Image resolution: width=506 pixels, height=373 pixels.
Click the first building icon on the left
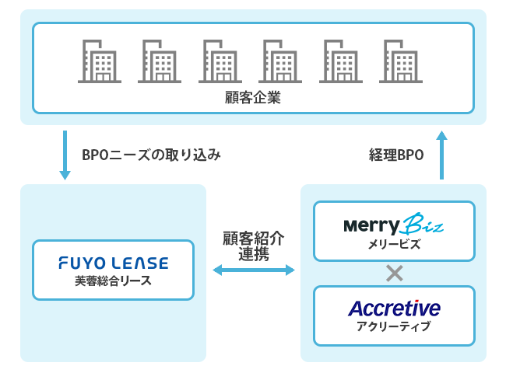(x=100, y=61)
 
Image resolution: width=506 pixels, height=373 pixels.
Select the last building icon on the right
(x=401, y=61)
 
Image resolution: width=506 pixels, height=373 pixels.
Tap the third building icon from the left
(x=220, y=61)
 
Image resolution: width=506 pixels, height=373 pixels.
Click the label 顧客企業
(x=253, y=98)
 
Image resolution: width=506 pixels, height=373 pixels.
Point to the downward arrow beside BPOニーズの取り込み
(x=65, y=155)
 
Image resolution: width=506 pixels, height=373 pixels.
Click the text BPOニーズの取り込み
(x=151, y=155)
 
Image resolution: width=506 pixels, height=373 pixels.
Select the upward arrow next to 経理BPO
(x=442, y=155)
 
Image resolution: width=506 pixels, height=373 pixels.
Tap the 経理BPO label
(x=396, y=155)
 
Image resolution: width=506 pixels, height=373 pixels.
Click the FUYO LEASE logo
(x=114, y=263)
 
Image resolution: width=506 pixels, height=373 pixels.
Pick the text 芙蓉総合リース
(x=113, y=281)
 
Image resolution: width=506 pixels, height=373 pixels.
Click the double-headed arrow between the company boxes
(x=254, y=270)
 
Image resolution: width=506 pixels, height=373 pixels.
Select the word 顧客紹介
(x=254, y=239)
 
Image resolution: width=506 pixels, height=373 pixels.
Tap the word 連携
(x=254, y=254)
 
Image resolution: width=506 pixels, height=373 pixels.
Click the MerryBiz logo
(x=394, y=224)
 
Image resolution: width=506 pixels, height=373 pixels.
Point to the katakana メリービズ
(x=395, y=244)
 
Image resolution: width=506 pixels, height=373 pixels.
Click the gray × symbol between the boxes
(x=395, y=274)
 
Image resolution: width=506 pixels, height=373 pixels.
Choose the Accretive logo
(x=395, y=309)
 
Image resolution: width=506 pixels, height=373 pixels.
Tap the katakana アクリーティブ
(x=394, y=326)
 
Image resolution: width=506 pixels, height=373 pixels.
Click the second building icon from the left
(x=160, y=61)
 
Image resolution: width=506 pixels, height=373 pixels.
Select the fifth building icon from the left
(x=341, y=61)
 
